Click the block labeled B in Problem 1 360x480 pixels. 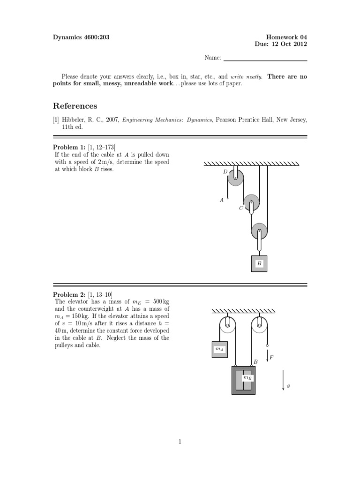[x=259, y=264]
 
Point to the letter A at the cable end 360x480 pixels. [x=222, y=200]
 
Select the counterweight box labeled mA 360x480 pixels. [x=219, y=349]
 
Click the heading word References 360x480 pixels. [x=75, y=106]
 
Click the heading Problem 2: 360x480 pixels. [x=69, y=294]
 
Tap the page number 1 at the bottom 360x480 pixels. [x=180, y=441]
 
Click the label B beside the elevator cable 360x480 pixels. [x=256, y=361]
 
